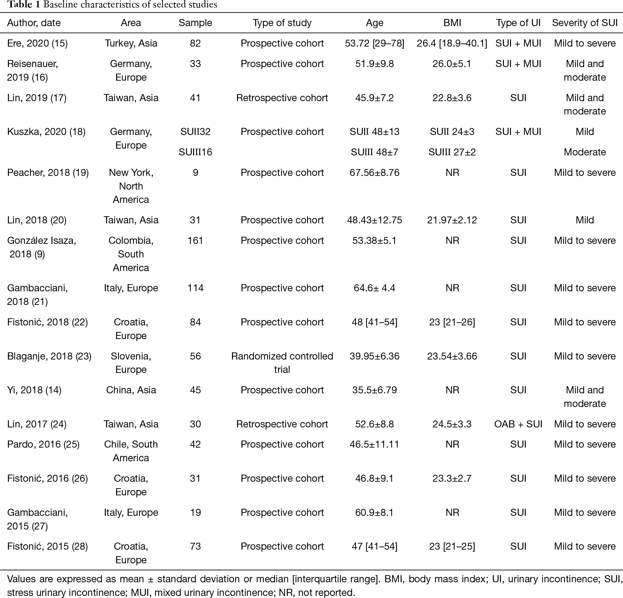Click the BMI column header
tap(452, 23)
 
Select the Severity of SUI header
tap(584, 23)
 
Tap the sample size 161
tap(195, 241)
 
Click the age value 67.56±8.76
tap(374, 173)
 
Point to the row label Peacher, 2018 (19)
tap(48, 173)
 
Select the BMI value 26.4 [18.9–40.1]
tap(452, 43)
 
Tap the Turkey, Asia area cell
tap(131, 43)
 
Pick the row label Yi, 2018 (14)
tap(34, 390)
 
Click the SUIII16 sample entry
tap(195, 152)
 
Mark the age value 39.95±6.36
tap(374, 356)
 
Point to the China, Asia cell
tap(131, 390)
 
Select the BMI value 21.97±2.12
tap(452, 220)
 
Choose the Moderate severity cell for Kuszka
tap(584, 152)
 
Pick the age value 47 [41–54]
tap(374, 546)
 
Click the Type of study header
tap(282, 23)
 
